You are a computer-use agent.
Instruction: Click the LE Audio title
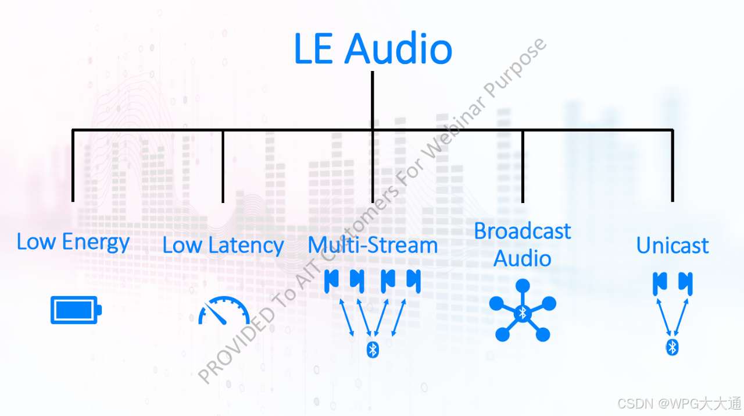coord(373,49)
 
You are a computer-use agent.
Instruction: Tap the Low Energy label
coord(73,242)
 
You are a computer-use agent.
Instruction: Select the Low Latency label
coord(223,246)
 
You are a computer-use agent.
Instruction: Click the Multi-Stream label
coord(373,246)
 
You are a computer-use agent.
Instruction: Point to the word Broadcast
coord(523,231)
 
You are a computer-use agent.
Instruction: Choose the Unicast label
coord(673,246)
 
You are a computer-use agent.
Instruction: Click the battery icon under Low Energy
coord(76,310)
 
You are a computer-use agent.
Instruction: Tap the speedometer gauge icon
coord(224,311)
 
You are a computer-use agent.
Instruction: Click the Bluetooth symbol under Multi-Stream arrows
coord(373,349)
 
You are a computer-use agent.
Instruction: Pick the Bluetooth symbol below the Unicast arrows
coord(673,347)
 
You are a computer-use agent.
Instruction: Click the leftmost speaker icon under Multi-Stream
coord(331,280)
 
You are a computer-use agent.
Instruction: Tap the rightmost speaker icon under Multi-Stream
coord(413,280)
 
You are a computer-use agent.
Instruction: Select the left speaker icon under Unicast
coord(659,283)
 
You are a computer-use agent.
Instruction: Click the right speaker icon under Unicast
coord(686,283)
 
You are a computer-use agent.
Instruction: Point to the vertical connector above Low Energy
coord(73,166)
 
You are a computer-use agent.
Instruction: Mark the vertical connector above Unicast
coord(673,166)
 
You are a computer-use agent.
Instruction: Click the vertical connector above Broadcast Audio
coord(523,166)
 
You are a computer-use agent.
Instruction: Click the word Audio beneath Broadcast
coord(523,258)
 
